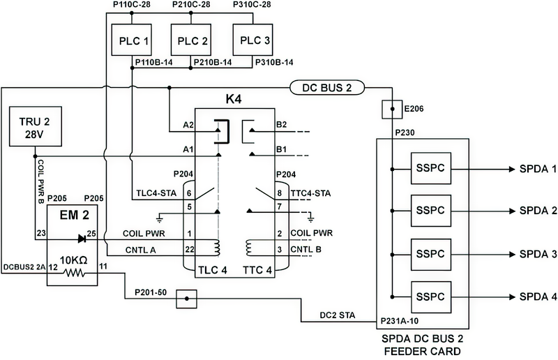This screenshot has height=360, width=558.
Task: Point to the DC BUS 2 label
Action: point(333,88)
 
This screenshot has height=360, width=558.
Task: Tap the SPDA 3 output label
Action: point(537,254)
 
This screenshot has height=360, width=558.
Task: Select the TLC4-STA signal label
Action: point(153,193)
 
